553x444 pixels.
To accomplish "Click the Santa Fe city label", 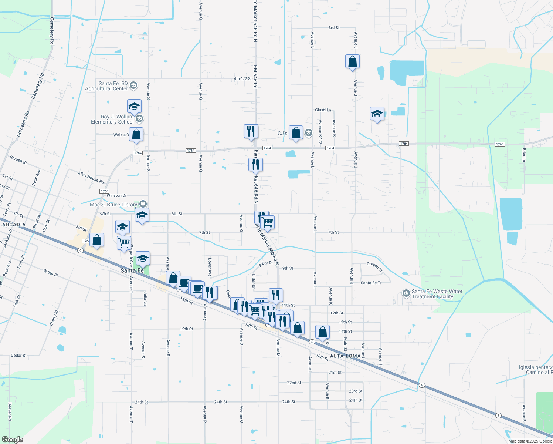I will (x=132, y=270).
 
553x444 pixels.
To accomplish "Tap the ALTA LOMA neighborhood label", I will (x=345, y=356).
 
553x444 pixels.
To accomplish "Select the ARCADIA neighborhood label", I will (x=14, y=225).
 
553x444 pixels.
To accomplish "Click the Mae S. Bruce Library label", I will (x=113, y=205).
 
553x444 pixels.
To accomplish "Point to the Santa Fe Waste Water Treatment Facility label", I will (x=437, y=294).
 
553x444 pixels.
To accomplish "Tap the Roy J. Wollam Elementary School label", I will (x=113, y=119).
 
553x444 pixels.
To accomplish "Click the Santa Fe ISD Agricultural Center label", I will (x=106, y=86).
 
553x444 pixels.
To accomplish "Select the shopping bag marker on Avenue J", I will (x=352, y=62).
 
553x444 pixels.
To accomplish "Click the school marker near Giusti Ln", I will (x=377, y=114).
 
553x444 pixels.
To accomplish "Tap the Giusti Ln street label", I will (x=323, y=110).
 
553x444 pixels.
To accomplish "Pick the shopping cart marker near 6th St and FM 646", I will (x=267, y=222).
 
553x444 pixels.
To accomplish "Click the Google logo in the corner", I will (x=12, y=439).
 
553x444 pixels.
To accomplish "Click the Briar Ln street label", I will (x=524, y=155).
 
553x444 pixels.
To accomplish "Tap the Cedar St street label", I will (x=18, y=355).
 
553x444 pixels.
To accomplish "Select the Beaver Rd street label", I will (x=10, y=411).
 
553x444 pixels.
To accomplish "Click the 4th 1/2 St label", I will (x=243, y=78).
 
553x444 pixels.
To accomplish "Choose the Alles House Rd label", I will (x=91, y=178).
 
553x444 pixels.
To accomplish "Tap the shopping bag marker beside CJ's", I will (x=296, y=133).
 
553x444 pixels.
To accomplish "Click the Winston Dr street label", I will (x=116, y=195).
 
